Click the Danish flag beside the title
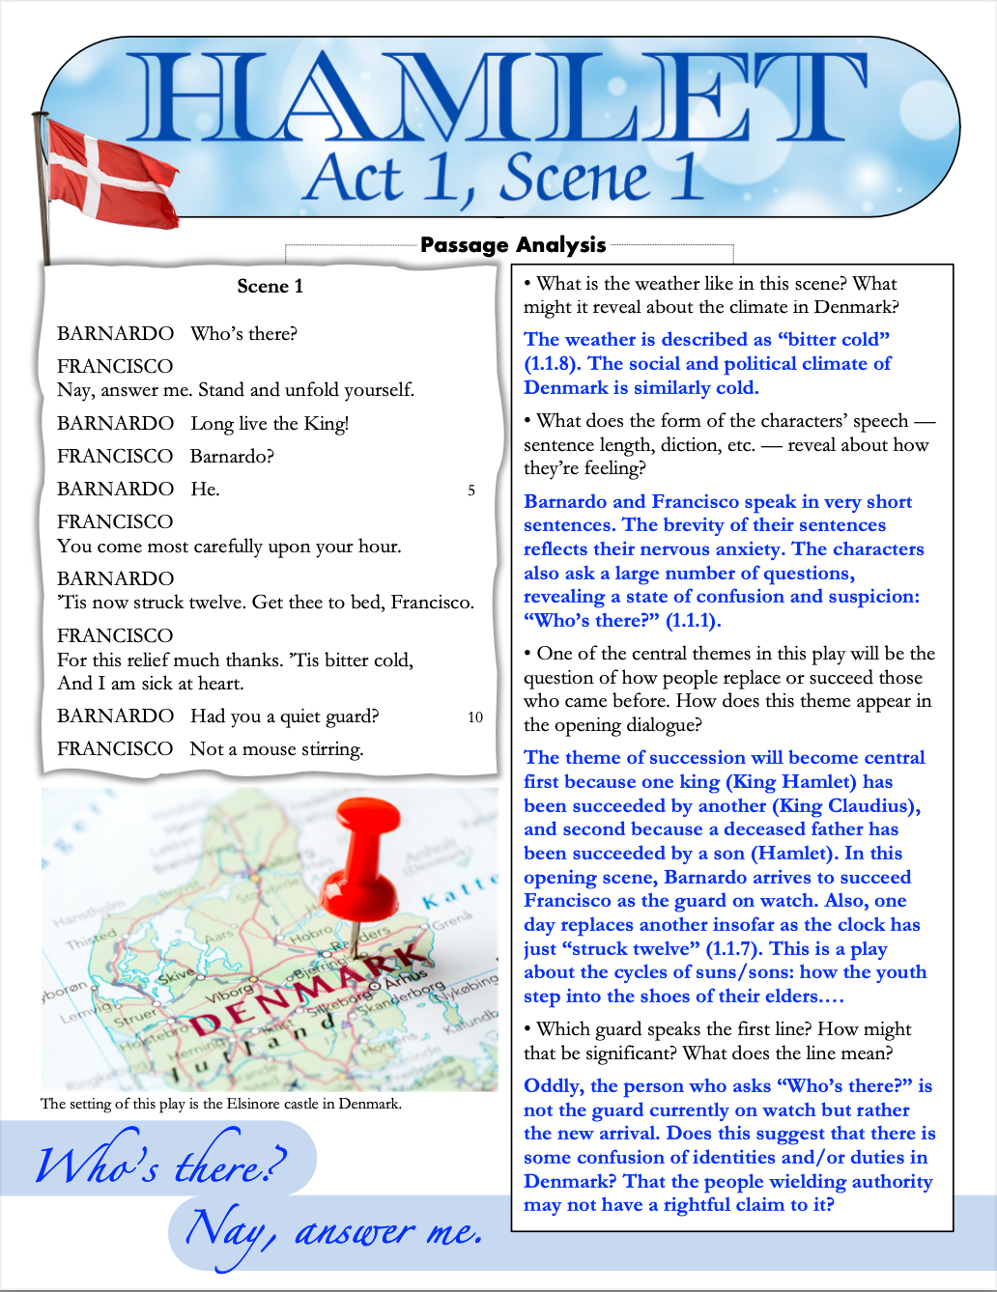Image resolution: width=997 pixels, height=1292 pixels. [111, 179]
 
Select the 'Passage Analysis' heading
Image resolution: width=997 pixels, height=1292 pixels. [513, 245]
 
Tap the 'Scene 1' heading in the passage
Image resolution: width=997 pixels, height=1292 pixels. [271, 286]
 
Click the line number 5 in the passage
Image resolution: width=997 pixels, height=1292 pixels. [471, 491]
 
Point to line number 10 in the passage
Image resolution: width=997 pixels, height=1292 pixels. [475, 717]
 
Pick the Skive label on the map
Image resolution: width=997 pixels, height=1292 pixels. [176, 976]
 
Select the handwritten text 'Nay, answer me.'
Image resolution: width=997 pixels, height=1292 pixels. [333, 1231]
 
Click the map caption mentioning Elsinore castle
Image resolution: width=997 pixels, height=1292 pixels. [221, 1104]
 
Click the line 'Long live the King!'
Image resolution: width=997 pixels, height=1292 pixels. [270, 424]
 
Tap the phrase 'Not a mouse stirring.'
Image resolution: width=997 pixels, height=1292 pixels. [276, 749]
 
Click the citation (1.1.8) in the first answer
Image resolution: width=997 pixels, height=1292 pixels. [553, 364]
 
